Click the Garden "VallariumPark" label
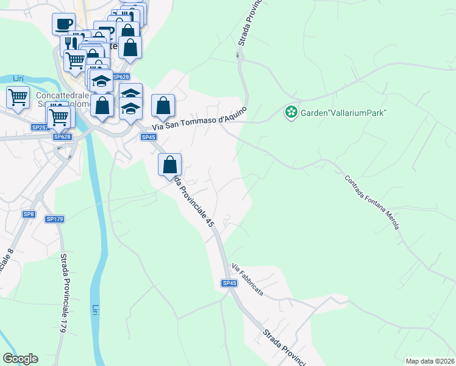[x=344, y=112]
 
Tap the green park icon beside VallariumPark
[x=291, y=112]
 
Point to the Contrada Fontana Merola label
[x=372, y=203]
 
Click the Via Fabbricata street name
[x=248, y=280]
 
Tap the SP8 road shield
[x=29, y=214]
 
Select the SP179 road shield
[x=54, y=219]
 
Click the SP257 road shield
[x=40, y=127]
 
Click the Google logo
[x=20, y=359]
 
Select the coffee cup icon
[x=63, y=24]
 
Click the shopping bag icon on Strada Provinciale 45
[x=170, y=164]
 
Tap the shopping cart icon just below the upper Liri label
[x=18, y=97]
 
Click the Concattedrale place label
[x=63, y=96]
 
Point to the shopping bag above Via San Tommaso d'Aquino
[x=163, y=105]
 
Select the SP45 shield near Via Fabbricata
[x=229, y=283]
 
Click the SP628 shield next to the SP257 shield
[x=62, y=137]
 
